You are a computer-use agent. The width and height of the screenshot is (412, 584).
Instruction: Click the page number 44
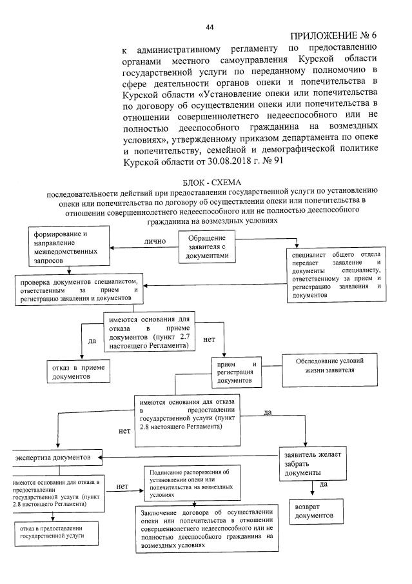(x=209, y=27)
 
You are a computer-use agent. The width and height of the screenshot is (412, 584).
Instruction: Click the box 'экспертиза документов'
(x=58, y=458)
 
